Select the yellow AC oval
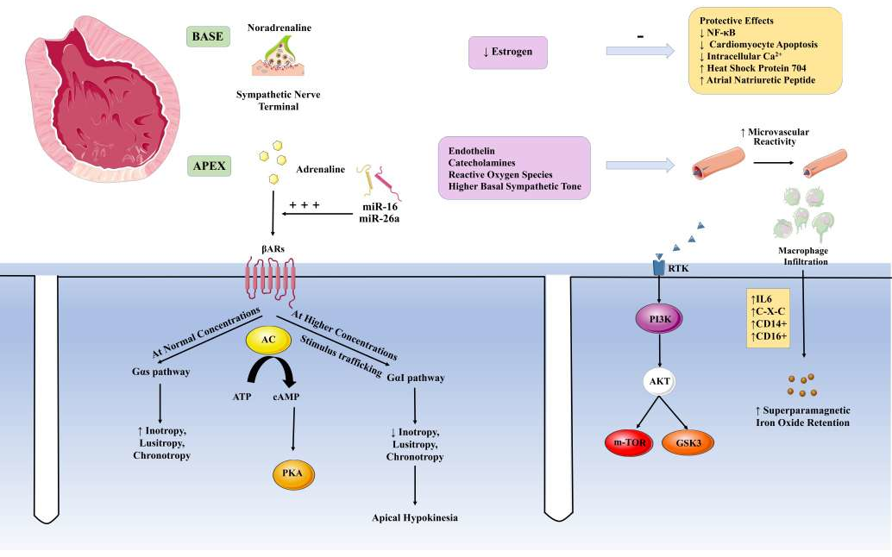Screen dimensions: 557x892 pyautogui.click(x=268, y=341)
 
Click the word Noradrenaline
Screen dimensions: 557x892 pyautogui.click(x=280, y=28)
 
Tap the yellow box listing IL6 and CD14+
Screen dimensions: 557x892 pyautogui.click(x=768, y=317)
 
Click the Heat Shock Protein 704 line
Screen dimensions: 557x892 pyautogui.click(x=757, y=68)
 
